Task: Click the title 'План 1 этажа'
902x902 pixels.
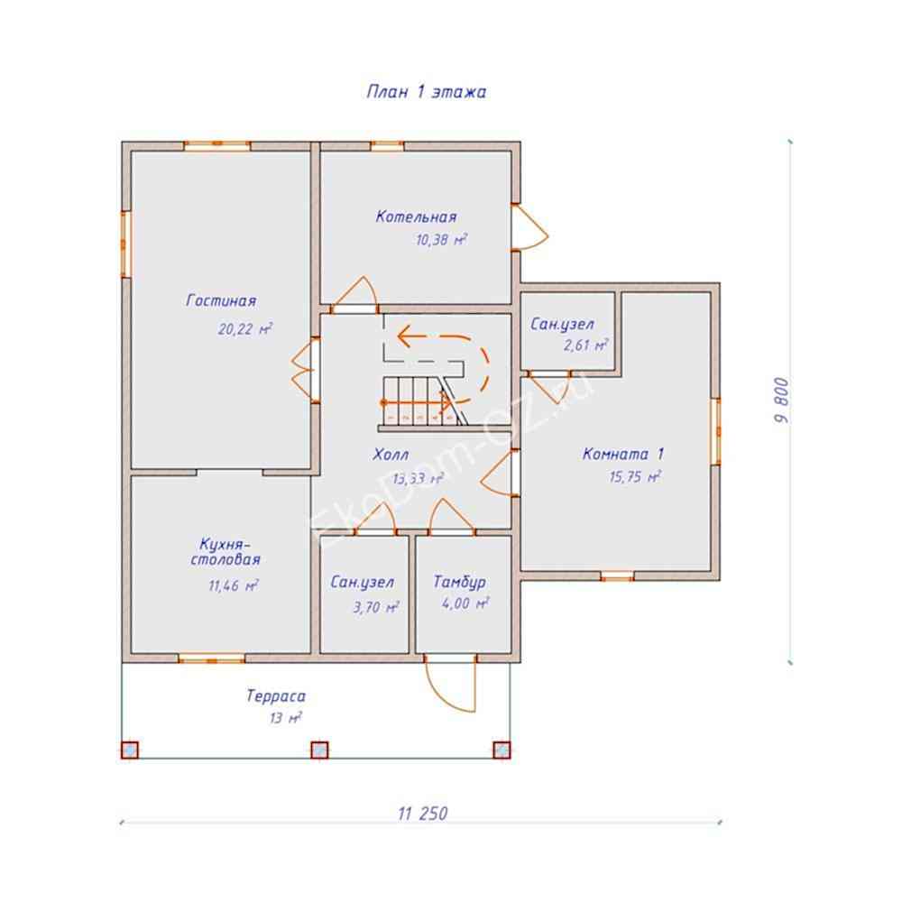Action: tap(426, 92)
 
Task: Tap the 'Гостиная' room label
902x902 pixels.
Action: tap(222, 300)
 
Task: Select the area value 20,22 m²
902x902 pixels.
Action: tap(244, 329)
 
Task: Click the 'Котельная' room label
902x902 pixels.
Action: tap(416, 216)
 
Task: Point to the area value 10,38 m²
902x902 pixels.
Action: tap(441, 241)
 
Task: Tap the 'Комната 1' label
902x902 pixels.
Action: tap(624, 454)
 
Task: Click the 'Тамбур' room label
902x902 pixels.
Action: tap(459, 582)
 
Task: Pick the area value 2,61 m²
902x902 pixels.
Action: tap(584, 345)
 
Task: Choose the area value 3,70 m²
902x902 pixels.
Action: tap(376, 607)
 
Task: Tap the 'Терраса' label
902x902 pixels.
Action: tap(276, 696)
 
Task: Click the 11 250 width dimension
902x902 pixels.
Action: tap(421, 813)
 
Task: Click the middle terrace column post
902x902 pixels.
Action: tap(319, 750)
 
